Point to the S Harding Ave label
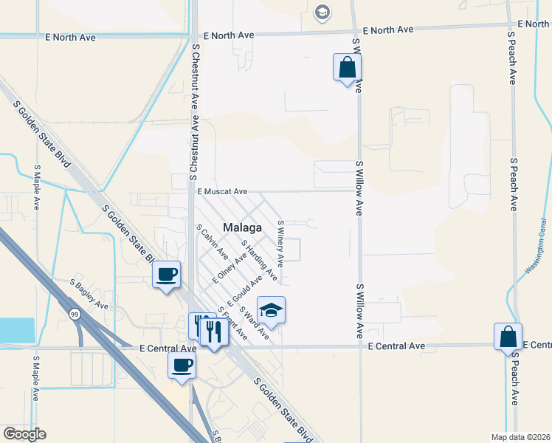point(258,260)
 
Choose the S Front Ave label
point(233,323)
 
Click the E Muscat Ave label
point(222,190)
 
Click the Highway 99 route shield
point(74,315)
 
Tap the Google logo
point(24,434)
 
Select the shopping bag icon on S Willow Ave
point(347,68)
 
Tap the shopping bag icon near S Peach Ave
point(508,337)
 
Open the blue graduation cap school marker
point(271,310)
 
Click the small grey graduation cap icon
point(321,12)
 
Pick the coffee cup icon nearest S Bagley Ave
point(167,275)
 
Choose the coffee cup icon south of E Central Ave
point(182,365)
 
